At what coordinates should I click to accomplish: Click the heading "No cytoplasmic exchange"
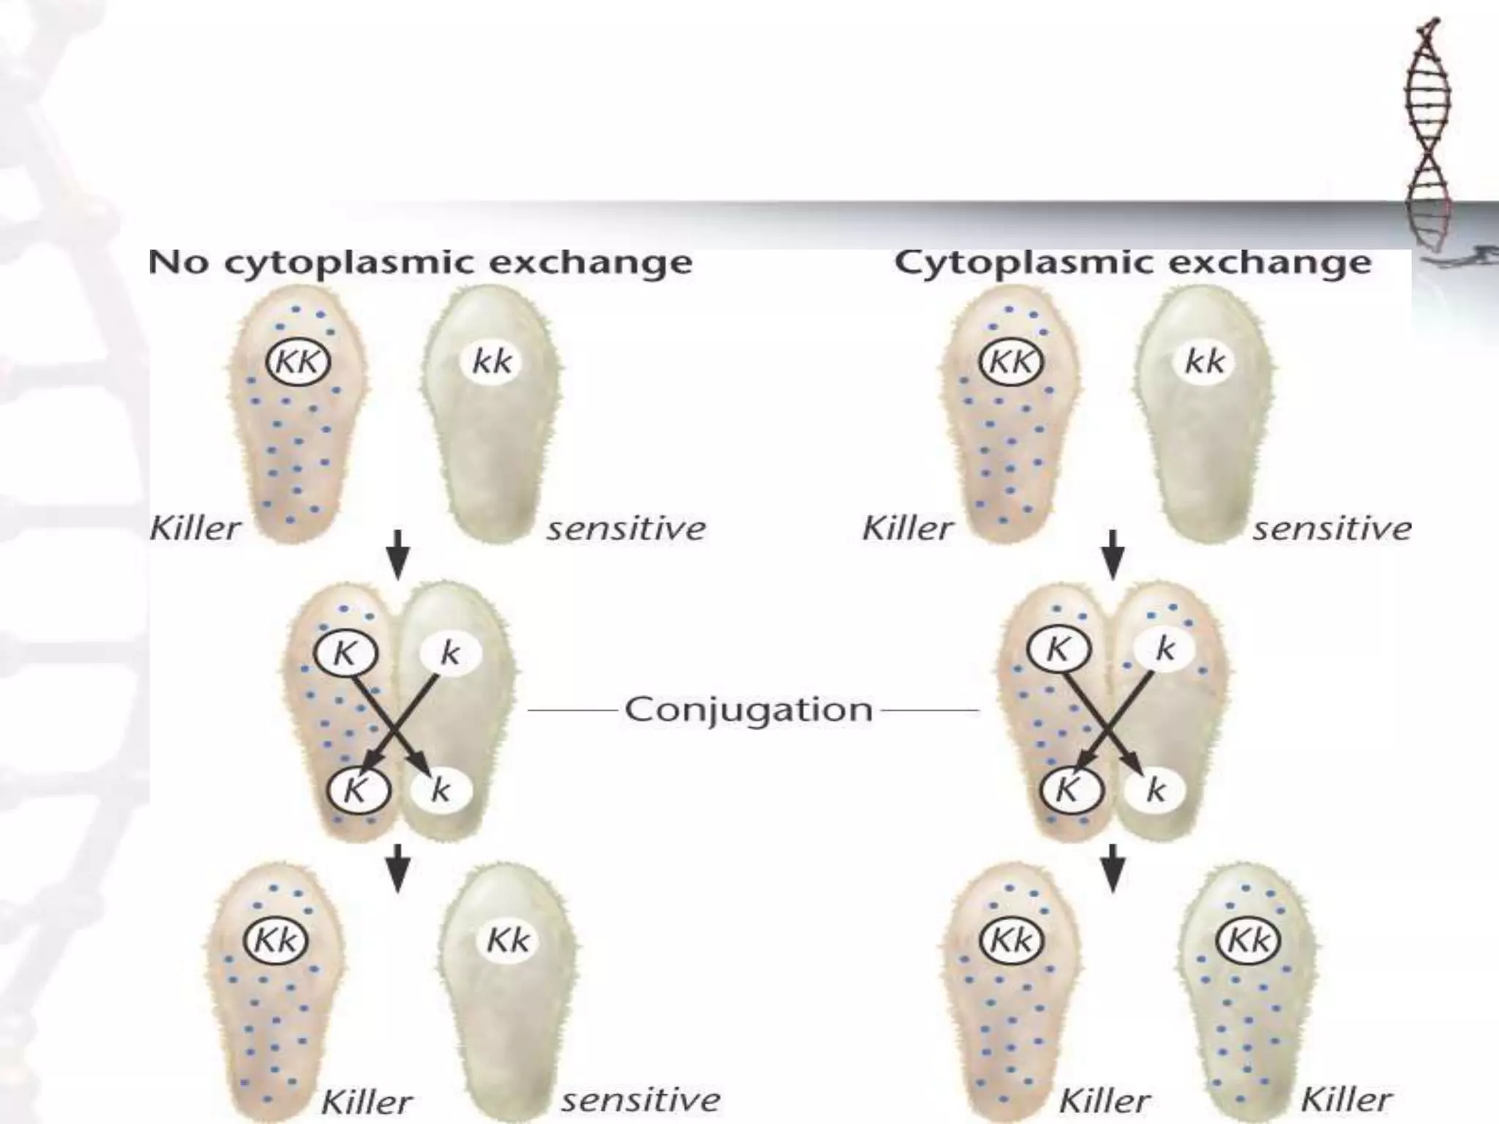(x=420, y=263)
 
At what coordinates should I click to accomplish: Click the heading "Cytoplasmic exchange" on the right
(x=1132, y=263)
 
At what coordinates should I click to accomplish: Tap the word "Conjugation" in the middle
(x=748, y=709)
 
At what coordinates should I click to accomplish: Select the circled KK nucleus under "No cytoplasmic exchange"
(x=297, y=361)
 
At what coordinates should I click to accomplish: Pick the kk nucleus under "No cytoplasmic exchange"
(x=492, y=361)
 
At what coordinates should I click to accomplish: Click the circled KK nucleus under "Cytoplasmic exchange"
(x=1010, y=361)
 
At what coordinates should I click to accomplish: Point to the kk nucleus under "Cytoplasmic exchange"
(x=1204, y=361)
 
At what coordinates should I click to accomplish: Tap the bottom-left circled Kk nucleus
(x=275, y=940)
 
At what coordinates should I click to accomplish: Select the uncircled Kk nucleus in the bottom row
(x=507, y=940)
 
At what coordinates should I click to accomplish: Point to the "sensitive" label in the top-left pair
(x=626, y=528)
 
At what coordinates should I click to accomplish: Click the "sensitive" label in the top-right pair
(x=1332, y=528)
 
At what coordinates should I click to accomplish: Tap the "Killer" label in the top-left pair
(x=195, y=528)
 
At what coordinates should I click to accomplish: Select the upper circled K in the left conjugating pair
(x=345, y=653)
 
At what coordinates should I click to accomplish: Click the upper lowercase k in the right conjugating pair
(x=1165, y=648)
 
